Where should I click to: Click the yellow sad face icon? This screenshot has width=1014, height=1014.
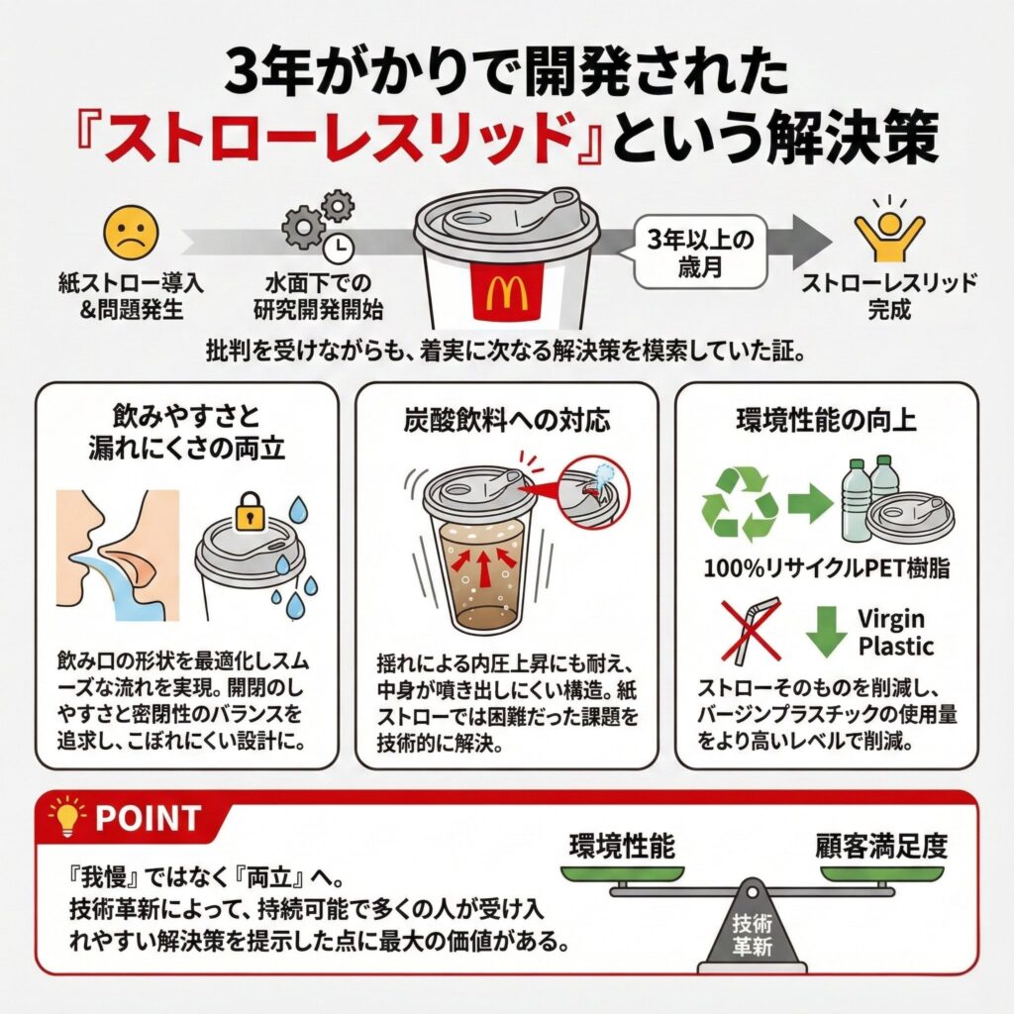pos(131,234)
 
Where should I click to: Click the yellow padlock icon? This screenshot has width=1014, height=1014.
pos(252,512)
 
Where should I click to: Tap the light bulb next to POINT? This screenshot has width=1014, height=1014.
pos(67,817)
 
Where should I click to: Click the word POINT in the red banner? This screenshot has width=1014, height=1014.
pos(149,818)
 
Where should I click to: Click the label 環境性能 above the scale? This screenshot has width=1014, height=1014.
pos(622,847)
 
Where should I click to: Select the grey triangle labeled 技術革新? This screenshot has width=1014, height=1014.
pos(753,926)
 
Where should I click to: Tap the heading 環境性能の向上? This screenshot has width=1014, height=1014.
pos(826,420)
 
